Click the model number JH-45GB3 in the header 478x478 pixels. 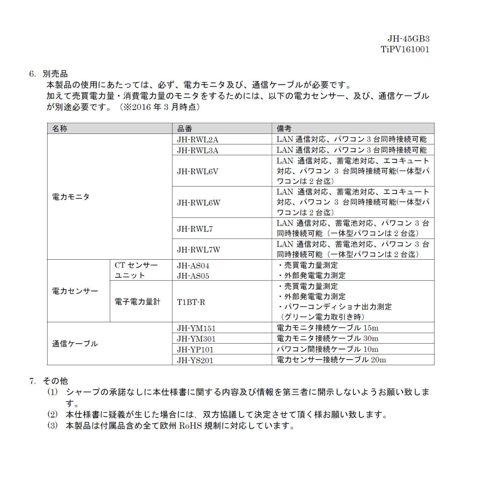408,39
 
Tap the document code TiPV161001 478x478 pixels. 405,50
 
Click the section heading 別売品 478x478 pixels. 55,74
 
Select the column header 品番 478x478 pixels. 185,128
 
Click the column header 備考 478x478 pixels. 284,128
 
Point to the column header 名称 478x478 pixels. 60,128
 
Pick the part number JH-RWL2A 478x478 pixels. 197,140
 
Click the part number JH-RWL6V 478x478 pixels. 197,171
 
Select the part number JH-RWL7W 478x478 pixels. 198,250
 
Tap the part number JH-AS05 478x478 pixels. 193,276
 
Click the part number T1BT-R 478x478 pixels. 191,302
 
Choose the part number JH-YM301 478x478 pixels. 196,339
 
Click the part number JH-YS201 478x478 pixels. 195,360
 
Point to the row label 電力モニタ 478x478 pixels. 71,197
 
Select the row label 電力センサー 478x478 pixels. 75,291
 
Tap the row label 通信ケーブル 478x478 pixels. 75,344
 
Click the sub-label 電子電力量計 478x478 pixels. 137,302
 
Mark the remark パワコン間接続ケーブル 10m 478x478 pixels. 327,349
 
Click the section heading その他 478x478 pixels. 55,381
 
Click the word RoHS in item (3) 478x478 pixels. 191,426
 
